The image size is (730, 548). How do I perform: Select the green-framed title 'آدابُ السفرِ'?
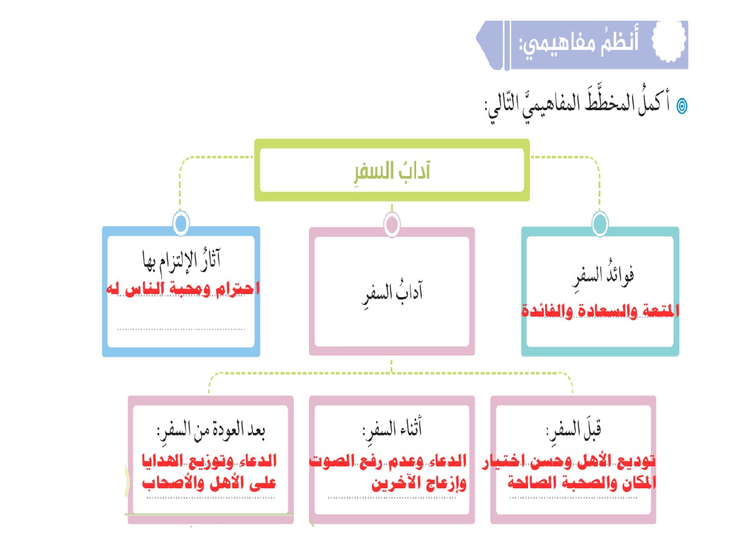click(x=392, y=171)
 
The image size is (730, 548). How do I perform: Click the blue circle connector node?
click(x=180, y=223)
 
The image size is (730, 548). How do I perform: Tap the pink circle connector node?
click(x=392, y=224)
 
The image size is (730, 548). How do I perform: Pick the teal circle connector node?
click(x=599, y=223)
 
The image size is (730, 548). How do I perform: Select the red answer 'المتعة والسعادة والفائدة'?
click(x=599, y=311)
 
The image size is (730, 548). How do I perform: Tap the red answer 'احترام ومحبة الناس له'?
click(x=181, y=288)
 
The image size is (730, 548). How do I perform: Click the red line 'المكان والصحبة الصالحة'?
click(x=575, y=484)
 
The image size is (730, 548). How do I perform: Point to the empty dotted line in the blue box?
click(x=181, y=329)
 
